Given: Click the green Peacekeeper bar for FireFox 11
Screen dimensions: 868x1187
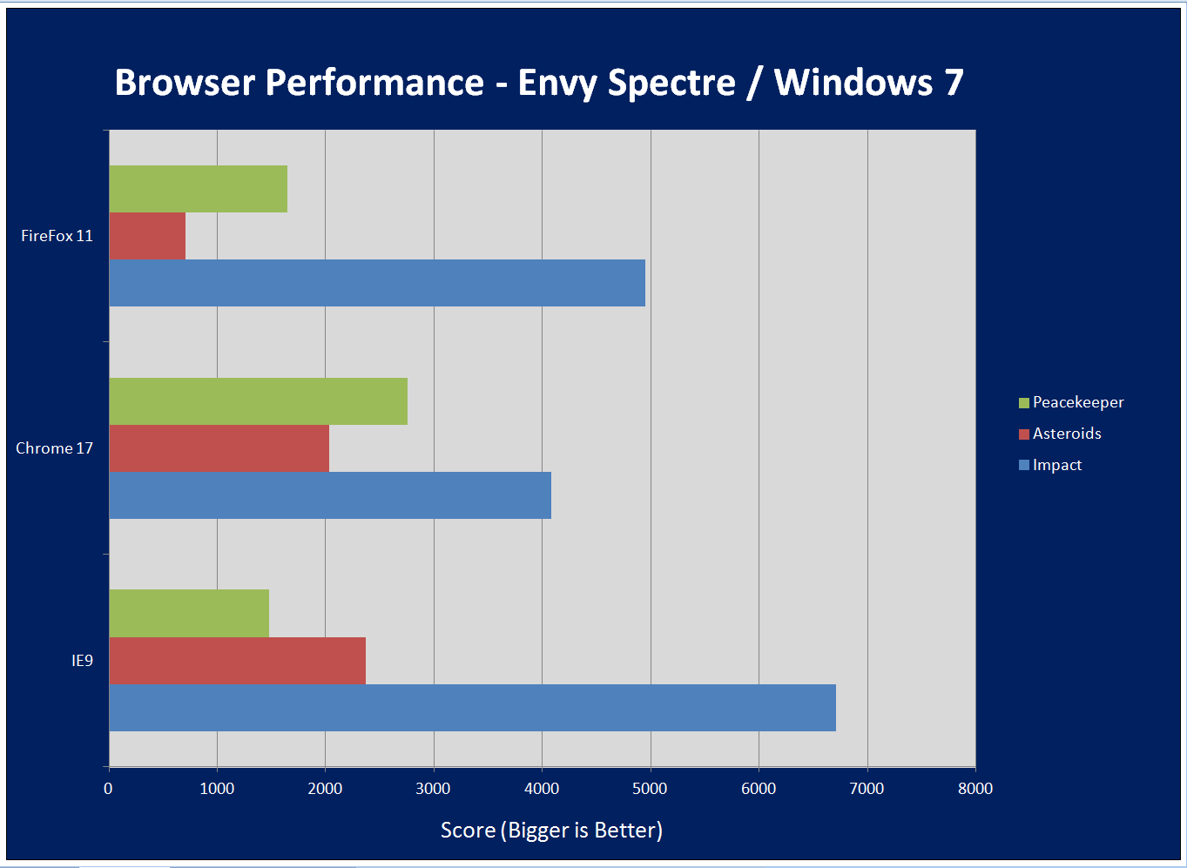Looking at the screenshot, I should pos(198,189).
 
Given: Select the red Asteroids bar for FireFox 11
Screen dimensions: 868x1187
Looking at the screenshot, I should pos(147,236).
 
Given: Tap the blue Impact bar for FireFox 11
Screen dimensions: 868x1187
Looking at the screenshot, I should pos(376,283).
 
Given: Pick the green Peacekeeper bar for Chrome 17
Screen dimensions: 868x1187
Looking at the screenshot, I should pos(258,401).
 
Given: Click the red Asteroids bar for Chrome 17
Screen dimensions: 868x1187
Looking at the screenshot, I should pos(219,448).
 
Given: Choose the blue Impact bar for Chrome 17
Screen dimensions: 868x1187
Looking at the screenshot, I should pos(329,495).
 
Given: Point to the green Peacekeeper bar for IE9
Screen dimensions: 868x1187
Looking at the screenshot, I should pos(188,613).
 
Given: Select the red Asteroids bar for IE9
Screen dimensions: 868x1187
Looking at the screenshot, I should pos(237,660).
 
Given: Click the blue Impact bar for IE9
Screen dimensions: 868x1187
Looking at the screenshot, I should pos(472,707).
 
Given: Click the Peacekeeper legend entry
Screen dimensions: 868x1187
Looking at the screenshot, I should pos(1076,402).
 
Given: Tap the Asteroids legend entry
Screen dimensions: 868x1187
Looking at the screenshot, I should pos(1066,434).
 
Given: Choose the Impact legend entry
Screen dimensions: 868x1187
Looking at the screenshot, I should pos(1056,465).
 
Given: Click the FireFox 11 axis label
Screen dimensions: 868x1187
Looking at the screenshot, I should pos(57,236).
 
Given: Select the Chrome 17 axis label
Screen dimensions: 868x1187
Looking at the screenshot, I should pos(54,448).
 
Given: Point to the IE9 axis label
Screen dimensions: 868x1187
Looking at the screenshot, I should pos(82,661).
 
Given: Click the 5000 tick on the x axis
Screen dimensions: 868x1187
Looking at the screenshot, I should pos(650,789).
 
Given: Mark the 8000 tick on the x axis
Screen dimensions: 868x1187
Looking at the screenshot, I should pos(975,789).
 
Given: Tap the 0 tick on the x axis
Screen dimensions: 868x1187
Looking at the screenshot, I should pos(108,789).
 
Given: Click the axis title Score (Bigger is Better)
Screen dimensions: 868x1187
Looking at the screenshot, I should pos(551,831).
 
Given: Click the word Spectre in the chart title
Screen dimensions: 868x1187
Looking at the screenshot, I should pos(671,83).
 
